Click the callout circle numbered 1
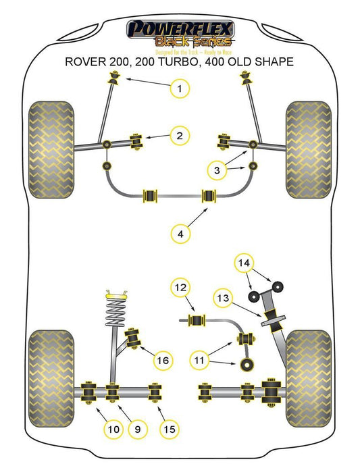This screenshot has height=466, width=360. pyautogui.click(x=180, y=88)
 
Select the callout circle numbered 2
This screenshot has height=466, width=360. pyautogui.click(x=179, y=136)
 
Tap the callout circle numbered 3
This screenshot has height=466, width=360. pyautogui.click(x=217, y=172)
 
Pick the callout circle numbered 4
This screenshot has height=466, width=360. pyautogui.click(x=180, y=234)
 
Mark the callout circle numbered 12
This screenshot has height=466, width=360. pyautogui.click(x=180, y=288)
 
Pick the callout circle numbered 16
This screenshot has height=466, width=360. pyautogui.click(x=161, y=361)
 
